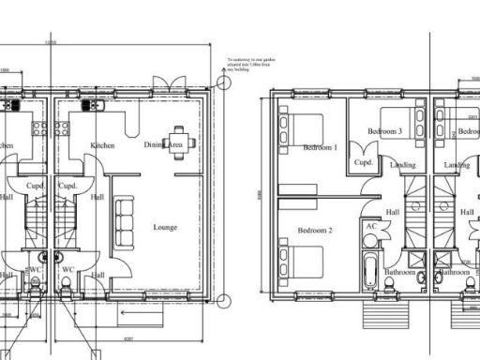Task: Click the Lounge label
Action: tap(165, 227)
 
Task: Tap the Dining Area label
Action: tap(163, 144)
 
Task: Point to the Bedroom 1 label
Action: tap(319, 147)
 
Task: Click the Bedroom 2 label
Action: tap(315, 230)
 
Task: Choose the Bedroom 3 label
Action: tap(384, 132)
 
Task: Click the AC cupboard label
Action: tap(371, 226)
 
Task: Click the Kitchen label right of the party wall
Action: tap(102, 145)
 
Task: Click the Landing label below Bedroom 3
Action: tap(403, 165)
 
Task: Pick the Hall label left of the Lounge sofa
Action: tap(97, 198)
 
